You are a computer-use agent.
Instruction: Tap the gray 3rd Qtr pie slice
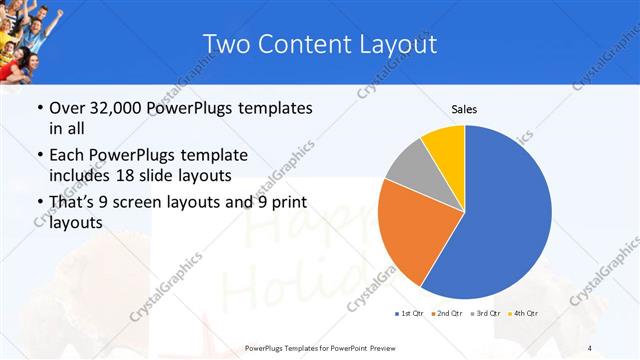pyautogui.click(x=407, y=164)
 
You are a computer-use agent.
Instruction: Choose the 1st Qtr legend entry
pyautogui.click(x=410, y=314)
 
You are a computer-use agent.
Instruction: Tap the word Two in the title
pyautogui.click(x=226, y=44)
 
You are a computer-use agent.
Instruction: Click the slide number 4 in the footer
pyautogui.click(x=590, y=348)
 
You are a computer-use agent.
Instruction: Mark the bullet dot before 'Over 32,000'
pyautogui.click(x=39, y=108)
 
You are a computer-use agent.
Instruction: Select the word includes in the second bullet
pyautogui.click(x=79, y=176)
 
